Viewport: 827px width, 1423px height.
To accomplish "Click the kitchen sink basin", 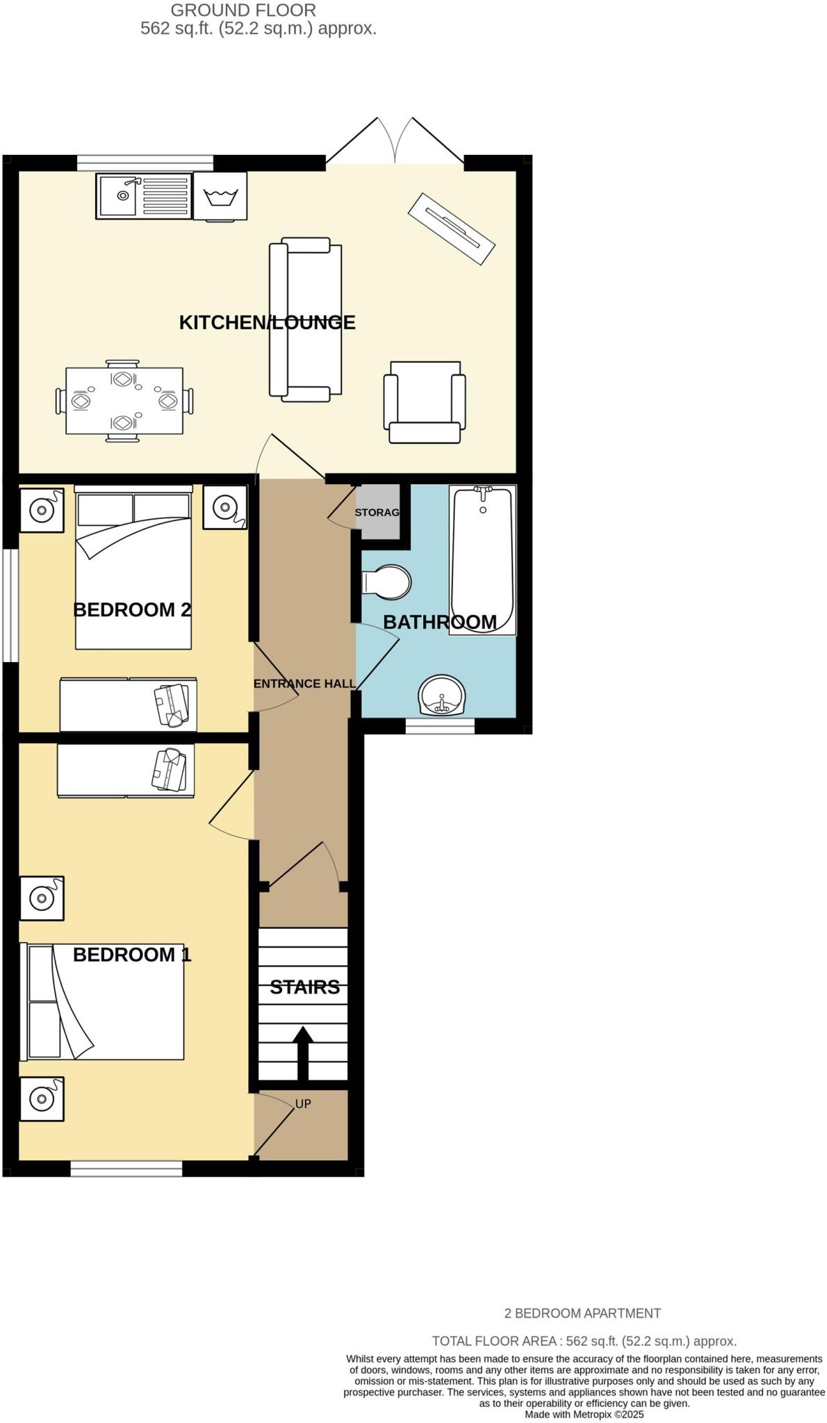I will tap(117, 195).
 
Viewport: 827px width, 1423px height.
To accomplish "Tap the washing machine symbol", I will tap(221, 196).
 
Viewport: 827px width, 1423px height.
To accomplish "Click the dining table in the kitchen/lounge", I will tap(124, 401).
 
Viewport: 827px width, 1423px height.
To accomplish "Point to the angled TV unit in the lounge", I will tap(452, 228).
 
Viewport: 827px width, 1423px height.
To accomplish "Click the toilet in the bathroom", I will tap(387, 581).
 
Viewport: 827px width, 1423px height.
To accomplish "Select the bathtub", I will tap(482, 559).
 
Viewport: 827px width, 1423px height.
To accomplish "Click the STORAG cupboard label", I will tap(377, 512).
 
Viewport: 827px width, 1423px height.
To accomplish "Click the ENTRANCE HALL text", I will tap(304, 684).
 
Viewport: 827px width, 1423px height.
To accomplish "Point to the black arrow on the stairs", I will tap(302, 1052).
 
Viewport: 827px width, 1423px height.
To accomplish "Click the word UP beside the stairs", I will tap(303, 1103).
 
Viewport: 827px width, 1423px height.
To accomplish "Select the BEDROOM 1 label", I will tap(131, 955).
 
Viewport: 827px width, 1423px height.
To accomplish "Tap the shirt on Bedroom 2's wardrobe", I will tap(172, 705).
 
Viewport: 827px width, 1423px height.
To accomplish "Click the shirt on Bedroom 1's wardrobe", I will tap(170, 769).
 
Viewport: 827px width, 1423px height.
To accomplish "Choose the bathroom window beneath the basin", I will tap(440, 726).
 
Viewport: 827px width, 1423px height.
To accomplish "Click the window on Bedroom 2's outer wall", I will tap(10, 605).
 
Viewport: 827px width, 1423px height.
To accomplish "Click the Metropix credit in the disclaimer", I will tap(584, 1414).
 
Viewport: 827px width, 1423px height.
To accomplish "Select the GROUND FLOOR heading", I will tap(243, 10).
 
